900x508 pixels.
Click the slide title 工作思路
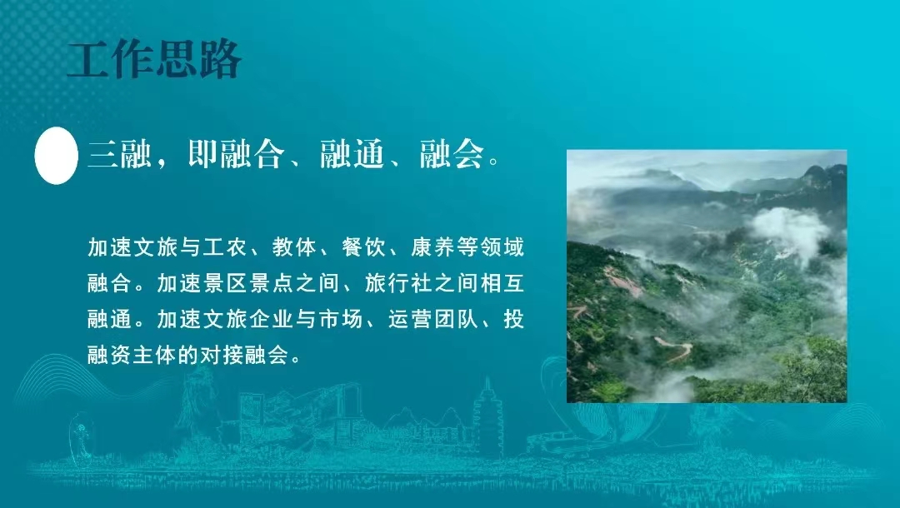(154, 60)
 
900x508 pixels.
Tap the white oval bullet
(56, 156)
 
